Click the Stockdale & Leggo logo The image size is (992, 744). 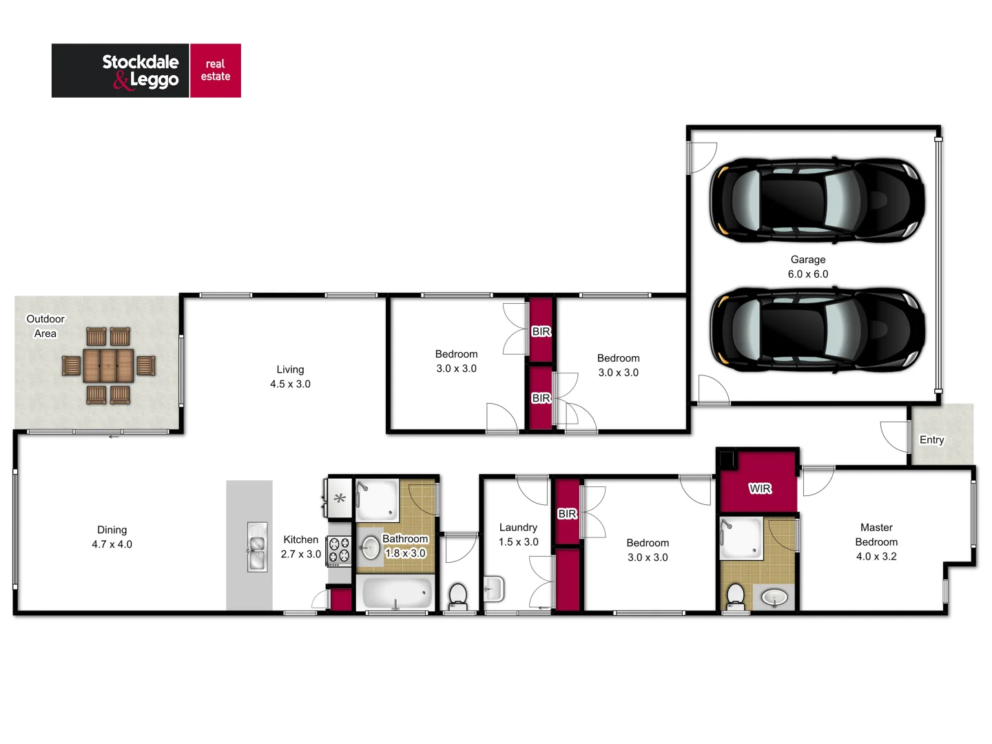(x=146, y=71)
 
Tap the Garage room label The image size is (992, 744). (x=807, y=260)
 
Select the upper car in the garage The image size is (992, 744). (x=817, y=200)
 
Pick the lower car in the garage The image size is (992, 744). (x=817, y=330)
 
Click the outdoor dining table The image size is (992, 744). (x=108, y=365)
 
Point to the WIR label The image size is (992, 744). (x=760, y=488)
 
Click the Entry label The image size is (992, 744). (x=931, y=440)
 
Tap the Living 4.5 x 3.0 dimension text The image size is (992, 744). (x=290, y=384)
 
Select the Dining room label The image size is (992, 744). (x=112, y=530)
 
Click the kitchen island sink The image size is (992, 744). (x=256, y=547)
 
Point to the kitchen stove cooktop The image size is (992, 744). (x=339, y=550)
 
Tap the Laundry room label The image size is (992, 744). (x=518, y=527)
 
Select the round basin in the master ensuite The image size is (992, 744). (x=775, y=597)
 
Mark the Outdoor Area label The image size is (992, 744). (x=45, y=326)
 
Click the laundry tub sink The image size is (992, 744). (x=493, y=589)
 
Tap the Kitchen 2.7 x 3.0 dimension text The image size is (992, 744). (x=300, y=554)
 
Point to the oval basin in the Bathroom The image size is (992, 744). (x=370, y=548)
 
